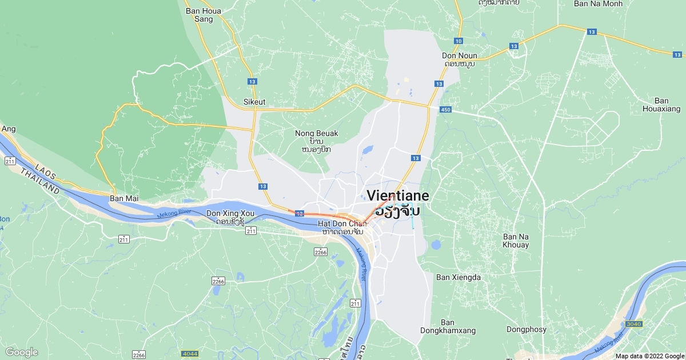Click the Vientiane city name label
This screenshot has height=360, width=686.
[398, 195]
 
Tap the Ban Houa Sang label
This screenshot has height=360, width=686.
[199, 14]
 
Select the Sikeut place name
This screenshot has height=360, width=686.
[255, 102]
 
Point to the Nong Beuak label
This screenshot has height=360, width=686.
[317, 134]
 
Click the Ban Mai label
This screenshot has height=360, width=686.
[124, 198]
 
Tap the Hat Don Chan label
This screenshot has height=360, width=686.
[342, 223]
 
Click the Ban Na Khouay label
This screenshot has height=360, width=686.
[516, 241]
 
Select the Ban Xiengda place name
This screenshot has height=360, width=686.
[458, 277]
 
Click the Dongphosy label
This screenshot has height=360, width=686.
[526, 329]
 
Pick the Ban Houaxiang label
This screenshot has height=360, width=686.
[661, 105]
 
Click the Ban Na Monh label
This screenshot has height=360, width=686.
[598, 3]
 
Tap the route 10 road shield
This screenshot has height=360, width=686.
[458, 41]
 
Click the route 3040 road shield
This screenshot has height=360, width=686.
[634, 324]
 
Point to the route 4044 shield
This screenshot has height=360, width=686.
[189, 354]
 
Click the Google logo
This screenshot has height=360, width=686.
[21, 352]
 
